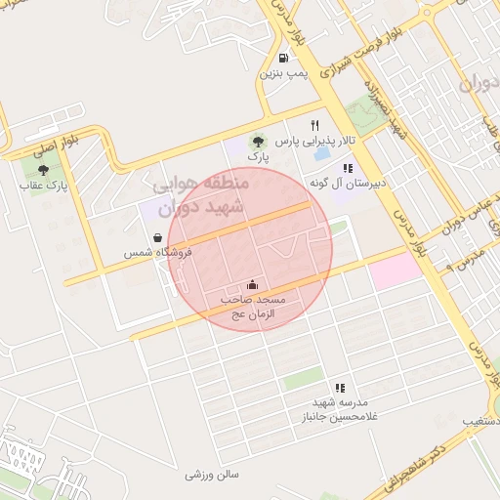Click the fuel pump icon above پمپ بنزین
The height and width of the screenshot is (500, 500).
[283, 58]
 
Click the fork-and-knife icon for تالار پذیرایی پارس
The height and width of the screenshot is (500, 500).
[314, 125]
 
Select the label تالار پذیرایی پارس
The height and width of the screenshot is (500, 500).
[313, 142]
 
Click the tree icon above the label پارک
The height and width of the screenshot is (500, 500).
[258, 141]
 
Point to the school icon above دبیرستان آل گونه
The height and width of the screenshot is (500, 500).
[348, 168]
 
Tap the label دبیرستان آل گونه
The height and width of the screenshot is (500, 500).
[349, 184]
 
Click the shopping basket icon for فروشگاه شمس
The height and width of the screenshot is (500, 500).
[158, 237]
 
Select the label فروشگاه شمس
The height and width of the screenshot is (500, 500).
[157, 253]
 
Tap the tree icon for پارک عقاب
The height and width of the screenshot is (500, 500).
[41, 169]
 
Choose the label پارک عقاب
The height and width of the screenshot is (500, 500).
[41, 186]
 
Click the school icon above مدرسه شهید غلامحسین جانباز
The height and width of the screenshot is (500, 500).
[340, 388]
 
